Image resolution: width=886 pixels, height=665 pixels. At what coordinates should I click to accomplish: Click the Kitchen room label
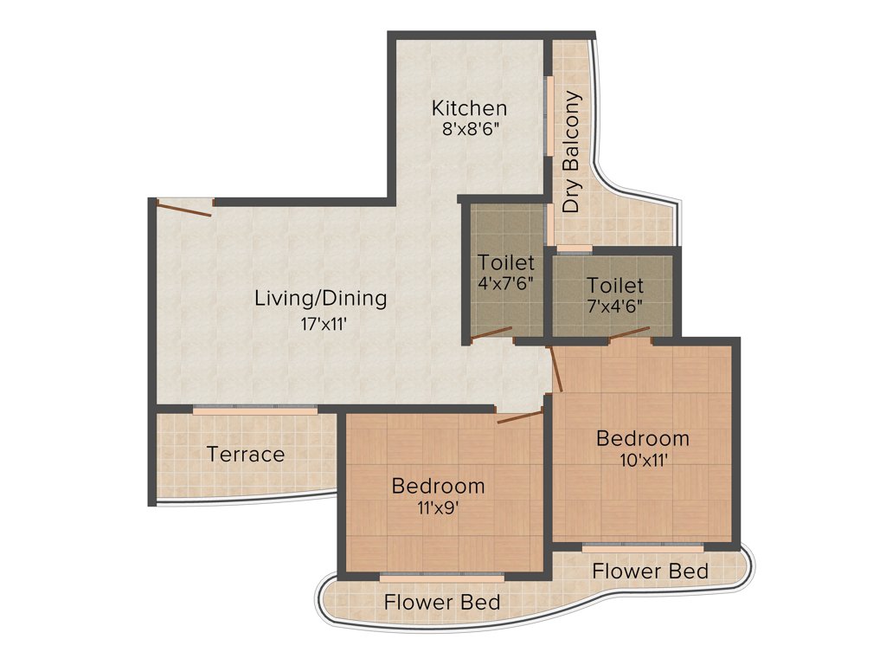tap(469, 108)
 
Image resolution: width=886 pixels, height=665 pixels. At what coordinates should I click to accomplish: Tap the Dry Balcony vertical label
tap(572, 152)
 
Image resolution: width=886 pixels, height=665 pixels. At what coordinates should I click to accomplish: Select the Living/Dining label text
tap(320, 299)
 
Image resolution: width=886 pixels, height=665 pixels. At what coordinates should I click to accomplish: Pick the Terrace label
tap(246, 454)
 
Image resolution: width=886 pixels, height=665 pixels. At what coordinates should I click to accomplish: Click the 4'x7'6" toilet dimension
tap(506, 281)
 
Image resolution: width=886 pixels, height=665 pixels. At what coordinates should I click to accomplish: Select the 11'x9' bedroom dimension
tap(438, 507)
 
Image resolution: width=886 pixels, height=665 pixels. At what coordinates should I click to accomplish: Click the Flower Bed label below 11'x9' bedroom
tap(442, 602)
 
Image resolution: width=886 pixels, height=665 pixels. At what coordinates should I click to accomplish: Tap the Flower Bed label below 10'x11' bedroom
tap(651, 571)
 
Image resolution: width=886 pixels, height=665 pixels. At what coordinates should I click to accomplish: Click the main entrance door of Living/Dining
tap(183, 209)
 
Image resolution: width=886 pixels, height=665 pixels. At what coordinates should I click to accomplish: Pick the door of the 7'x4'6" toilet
tap(629, 334)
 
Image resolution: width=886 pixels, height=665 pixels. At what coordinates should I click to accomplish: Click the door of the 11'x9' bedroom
tap(520, 417)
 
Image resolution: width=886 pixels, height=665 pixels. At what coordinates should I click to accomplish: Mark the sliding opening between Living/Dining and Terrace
tap(254, 409)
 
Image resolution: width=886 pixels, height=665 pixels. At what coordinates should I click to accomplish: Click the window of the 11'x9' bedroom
tap(441, 575)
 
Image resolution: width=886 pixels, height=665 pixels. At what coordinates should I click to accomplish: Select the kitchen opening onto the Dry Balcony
tap(548, 117)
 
